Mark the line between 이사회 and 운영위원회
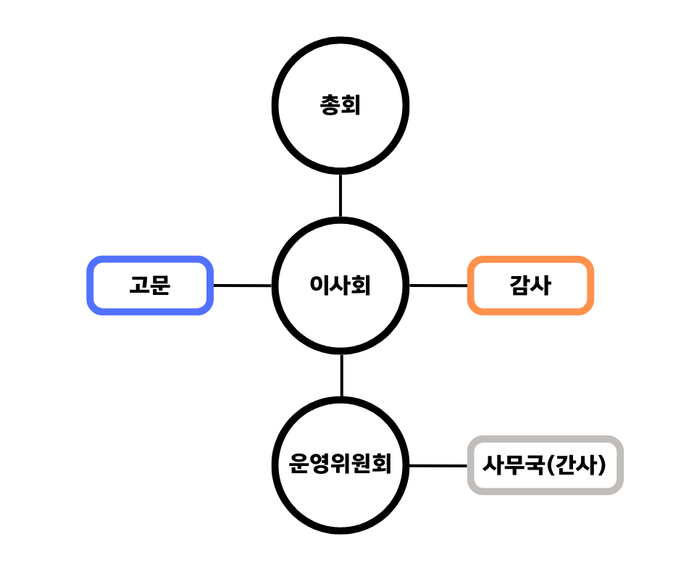(x=341, y=375)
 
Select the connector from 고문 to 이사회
(x=242, y=285)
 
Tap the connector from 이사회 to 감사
(x=439, y=285)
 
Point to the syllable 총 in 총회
(x=330, y=107)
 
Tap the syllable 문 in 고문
(x=160, y=285)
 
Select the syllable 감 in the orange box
(x=519, y=285)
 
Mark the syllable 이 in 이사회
(x=319, y=285)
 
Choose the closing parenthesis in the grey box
(x=603, y=464)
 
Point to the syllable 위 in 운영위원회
(x=340, y=464)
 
